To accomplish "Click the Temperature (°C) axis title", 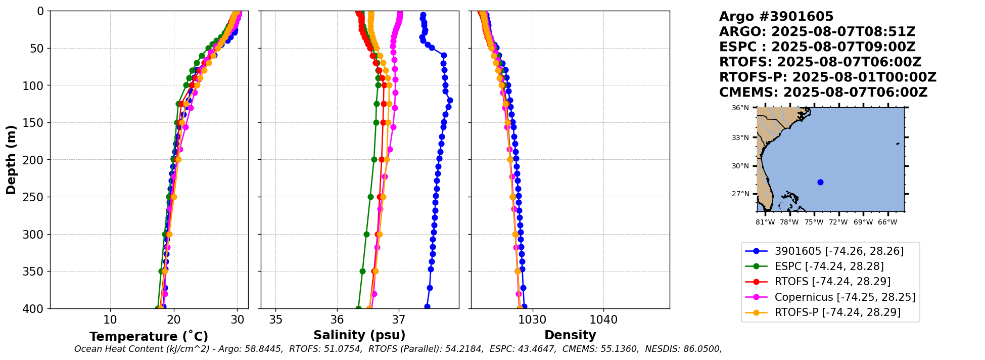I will [x=149, y=337].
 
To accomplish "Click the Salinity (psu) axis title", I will [x=359, y=335].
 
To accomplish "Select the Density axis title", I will [x=570, y=335].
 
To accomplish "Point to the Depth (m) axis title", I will [x=11, y=159].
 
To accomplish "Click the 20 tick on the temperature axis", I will [x=174, y=320].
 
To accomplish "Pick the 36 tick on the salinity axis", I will [x=337, y=320].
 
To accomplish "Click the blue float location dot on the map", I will [x=820, y=182].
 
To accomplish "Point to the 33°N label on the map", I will [x=740, y=138].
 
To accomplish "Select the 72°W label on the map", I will [x=838, y=222].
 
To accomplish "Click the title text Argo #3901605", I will [x=776, y=17].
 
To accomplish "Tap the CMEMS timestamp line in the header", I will [x=823, y=93].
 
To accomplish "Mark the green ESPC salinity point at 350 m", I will [x=362, y=271].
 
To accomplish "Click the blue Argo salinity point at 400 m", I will [x=427, y=306].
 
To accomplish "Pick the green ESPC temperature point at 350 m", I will [x=161, y=271].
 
